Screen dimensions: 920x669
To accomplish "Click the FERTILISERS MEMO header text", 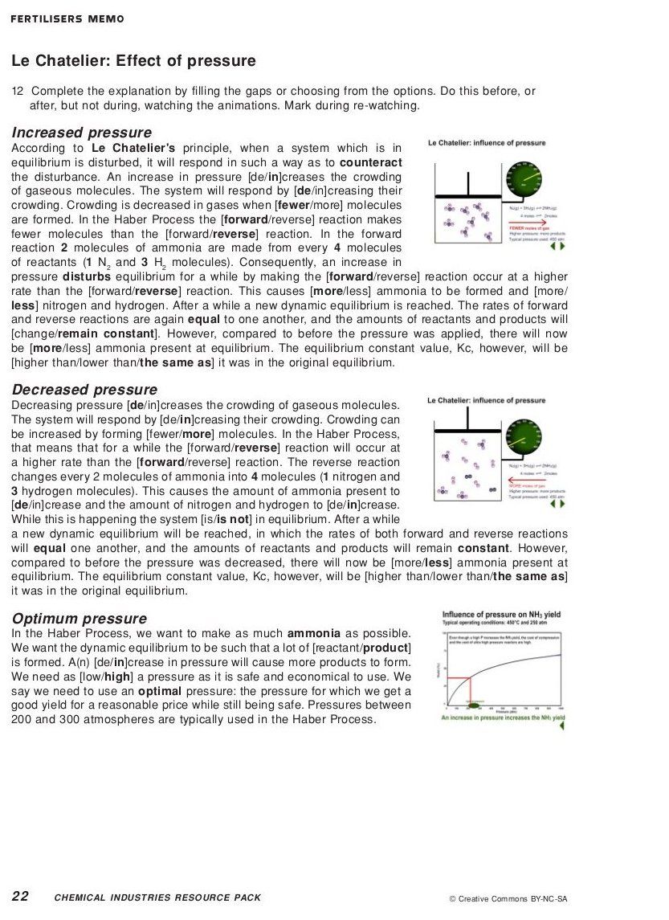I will (x=67, y=19).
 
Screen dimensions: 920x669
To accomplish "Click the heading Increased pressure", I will (x=81, y=133).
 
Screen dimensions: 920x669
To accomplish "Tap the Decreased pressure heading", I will (x=84, y=390).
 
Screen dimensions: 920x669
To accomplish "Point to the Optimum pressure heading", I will (x=79, y=619).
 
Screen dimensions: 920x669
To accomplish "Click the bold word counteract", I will (x=370, y=163).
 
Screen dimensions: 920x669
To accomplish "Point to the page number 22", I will (x=20, y=897).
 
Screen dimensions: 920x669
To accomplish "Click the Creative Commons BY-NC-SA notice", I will (x=508, y=899).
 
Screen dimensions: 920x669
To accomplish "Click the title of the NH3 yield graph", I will (x=500, y=615).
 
